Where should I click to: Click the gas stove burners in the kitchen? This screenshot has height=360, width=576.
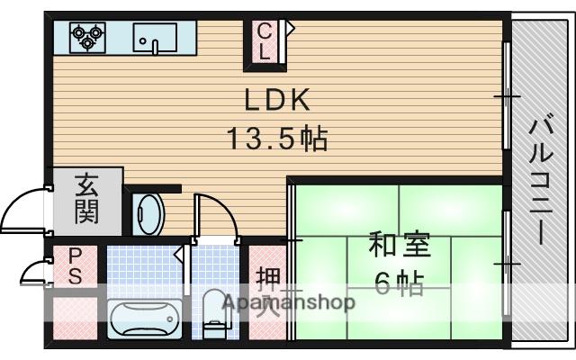87,37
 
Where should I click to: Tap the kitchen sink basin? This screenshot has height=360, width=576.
155,38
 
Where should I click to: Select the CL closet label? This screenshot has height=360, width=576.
264,41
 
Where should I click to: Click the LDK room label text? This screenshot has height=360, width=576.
277,100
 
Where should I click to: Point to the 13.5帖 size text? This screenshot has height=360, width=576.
277,139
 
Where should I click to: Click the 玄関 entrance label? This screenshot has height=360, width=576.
87,199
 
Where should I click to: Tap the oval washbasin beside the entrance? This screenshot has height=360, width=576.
148,214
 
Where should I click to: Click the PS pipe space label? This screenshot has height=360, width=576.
75,266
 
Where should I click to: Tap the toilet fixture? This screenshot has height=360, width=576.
216,313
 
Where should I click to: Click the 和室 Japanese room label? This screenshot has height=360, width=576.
400,245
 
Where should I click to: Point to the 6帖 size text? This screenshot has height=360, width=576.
400,283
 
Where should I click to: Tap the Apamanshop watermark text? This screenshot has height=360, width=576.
289,302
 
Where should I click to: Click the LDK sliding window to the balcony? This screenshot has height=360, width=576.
507,95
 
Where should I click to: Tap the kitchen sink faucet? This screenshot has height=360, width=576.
155,47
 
